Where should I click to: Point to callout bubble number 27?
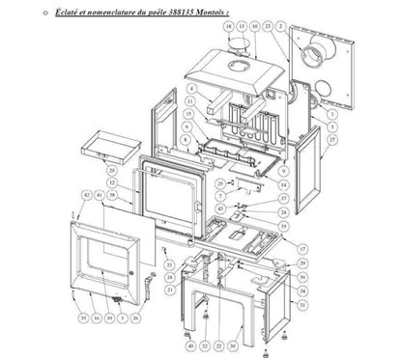tap(332, 138)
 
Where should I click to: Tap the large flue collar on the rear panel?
tap(316, 56)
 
